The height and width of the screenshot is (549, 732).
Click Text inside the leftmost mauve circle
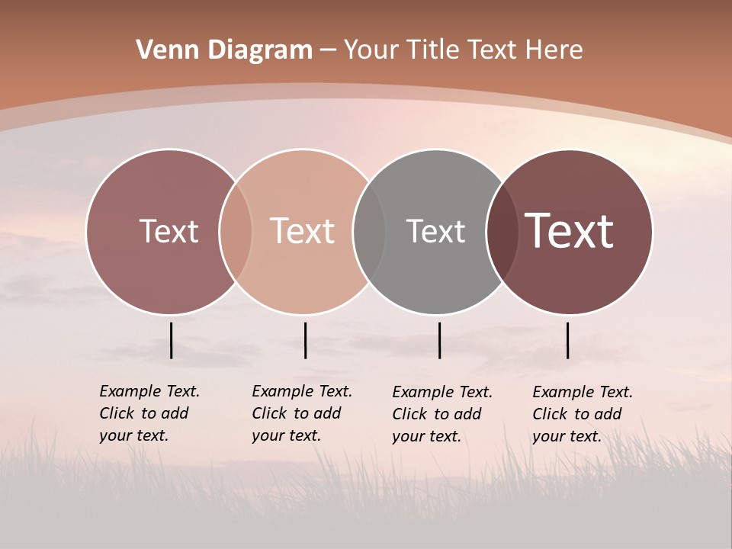(169, 231)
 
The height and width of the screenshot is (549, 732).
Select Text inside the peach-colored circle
(302, 231)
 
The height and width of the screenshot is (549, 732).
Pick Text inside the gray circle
(435, 231)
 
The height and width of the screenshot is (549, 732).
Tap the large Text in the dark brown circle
(569, 231)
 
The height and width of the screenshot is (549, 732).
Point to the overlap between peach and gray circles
(369, 232)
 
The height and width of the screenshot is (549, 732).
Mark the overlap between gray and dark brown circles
(502, 232)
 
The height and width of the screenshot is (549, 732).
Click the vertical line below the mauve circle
(172, 340)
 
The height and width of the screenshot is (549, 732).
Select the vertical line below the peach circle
(305, 340)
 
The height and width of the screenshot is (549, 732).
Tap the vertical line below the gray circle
(439, 340)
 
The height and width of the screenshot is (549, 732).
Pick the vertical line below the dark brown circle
(567, 340)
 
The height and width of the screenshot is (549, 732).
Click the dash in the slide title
(328, 50)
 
